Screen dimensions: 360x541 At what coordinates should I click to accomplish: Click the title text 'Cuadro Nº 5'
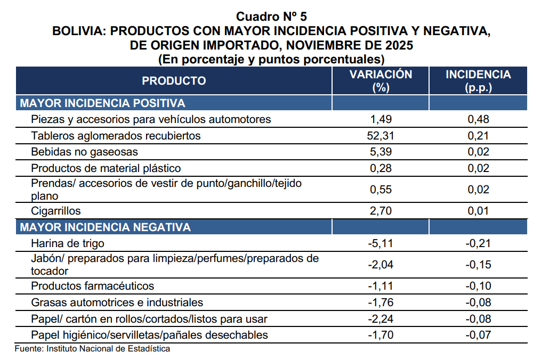(271, 16)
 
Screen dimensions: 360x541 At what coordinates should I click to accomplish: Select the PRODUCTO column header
(174, 81)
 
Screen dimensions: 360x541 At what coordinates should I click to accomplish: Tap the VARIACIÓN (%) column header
(381, 81)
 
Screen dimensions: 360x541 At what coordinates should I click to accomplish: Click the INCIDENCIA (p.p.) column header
(478, 81)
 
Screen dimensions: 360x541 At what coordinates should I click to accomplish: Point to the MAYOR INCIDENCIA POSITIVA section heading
(102, 103)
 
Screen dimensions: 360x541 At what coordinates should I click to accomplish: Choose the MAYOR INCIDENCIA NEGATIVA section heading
(105, 227)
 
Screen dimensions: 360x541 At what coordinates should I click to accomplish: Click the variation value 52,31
(381, 136)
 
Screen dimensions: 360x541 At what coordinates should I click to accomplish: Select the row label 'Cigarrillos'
(56, 211)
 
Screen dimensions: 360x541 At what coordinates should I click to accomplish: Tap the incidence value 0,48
(478, 119)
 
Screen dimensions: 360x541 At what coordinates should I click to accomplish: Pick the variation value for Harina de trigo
(381, 244)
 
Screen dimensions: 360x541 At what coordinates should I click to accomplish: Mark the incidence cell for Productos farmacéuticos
(478, 286)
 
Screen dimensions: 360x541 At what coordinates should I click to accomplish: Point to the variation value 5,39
(381, 152)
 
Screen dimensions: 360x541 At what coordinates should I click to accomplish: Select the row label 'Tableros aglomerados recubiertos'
(116, 136)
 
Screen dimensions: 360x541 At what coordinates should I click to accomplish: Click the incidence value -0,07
(478, 335)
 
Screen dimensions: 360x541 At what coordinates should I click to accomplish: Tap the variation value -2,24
(381, 319)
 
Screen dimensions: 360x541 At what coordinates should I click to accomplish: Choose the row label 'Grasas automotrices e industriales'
(117, 302)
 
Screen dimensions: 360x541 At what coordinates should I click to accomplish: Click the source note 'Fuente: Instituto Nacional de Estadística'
(92, 349)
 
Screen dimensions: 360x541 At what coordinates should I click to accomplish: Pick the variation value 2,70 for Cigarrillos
(381, 211)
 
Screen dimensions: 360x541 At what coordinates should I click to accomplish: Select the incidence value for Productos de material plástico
(478, 168)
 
